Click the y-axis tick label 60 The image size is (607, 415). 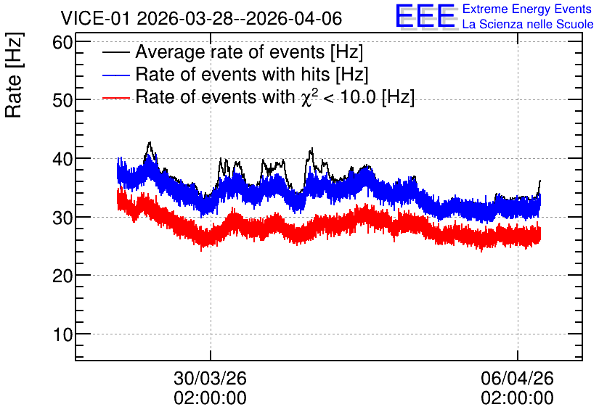click(62, 42)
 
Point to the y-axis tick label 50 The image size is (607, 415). click(62, 101)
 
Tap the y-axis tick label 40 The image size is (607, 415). click(62, 159)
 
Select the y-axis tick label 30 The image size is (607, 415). click(62, 218)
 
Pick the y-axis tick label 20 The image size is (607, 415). click(62, 276)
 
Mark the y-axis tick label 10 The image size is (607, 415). click(62, 334)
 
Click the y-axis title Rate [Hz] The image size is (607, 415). click(14, 75)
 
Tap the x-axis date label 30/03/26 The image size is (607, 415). click(211, 378)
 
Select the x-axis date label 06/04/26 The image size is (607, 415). click(517, 378)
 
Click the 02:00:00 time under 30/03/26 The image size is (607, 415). click(211, 398)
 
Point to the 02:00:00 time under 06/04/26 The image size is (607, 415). click(517, 398)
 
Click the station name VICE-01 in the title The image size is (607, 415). click(95, 19)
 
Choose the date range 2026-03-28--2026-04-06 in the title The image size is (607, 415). click(240, 19)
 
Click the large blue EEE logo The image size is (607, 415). click(425, 17)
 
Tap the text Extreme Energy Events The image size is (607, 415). click(527, 9)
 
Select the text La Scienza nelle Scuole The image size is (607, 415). click(528, 24)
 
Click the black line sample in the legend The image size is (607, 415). click(115, 52)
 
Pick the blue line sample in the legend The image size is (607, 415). click(115, 75)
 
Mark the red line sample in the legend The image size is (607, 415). click(115, 97)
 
